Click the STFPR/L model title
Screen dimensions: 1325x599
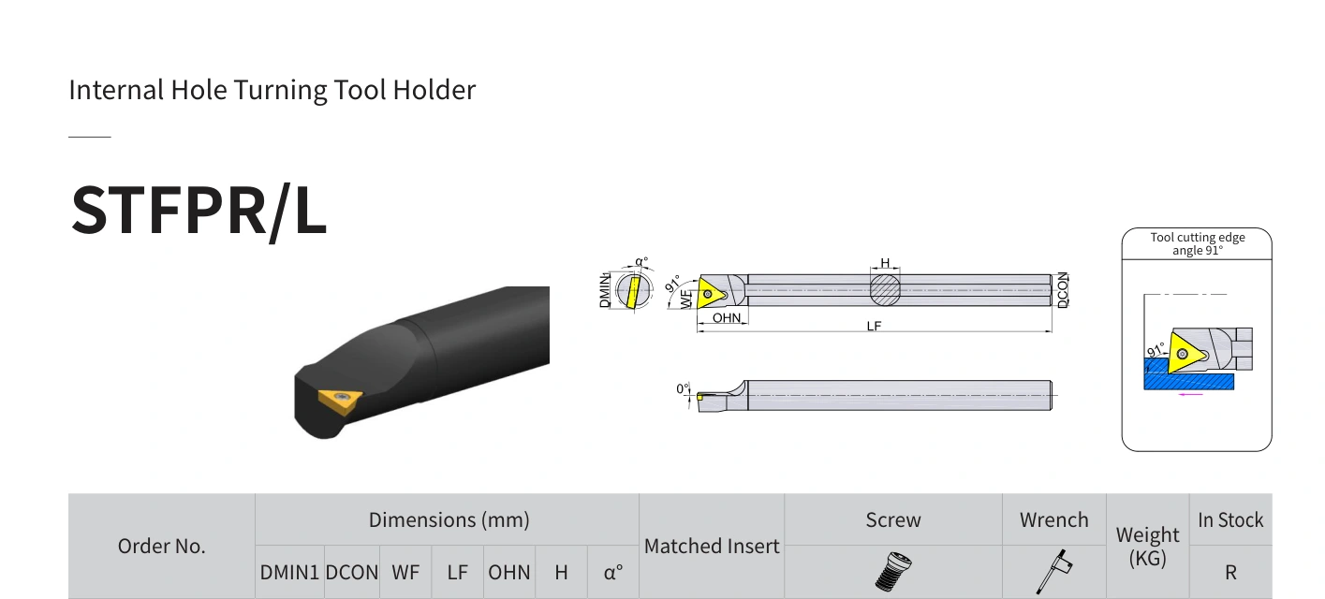pyautogui.click(x=199, y=211)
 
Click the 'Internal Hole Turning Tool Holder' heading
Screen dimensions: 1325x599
pyautogui.click(x=272, y=90)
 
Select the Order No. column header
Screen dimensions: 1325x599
pyautogui.click(x=161, y=546)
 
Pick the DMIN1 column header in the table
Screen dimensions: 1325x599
pyautogui.click(x=289, y=573)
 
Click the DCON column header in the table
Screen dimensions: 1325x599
pyautogui.click(x=351, y=573)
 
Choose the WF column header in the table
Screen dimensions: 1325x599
pyautogui.click(x=405, y=573)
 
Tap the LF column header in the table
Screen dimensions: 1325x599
pyautogui.click(x=457, y=573)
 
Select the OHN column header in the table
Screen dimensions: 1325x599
pyautogui.click(x=508, y=573)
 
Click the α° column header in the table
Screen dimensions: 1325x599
pyautogui.click(x=612, y=573)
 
